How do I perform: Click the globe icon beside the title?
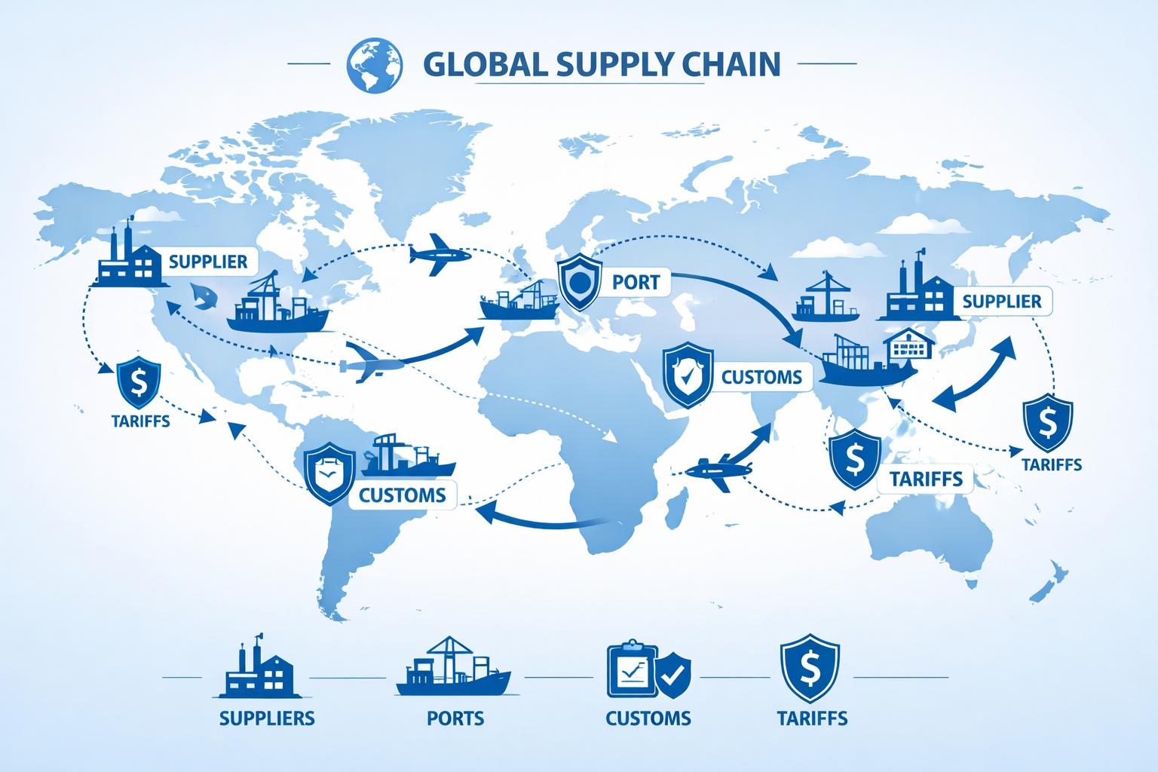tap(374, 65)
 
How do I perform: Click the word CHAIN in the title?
tap(731, 65)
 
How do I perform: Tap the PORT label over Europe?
tap(636, 282)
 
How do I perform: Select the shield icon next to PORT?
tap(579, 282)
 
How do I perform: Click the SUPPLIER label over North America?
tap(208, 262)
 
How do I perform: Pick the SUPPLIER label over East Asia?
tap(1001, 302)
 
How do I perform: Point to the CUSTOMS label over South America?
tap(402, 495)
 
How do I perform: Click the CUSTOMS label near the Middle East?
tap(761, 377)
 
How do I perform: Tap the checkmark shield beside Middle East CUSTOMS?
tap(688, 375)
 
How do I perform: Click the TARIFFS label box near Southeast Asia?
tap(926, 479)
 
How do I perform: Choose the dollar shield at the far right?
tap(1047, 422)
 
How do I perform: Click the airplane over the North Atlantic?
tap(439, 254)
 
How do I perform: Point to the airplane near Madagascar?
tap(717, 470)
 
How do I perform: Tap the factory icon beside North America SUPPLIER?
tap(128, 259)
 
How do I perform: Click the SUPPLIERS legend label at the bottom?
tap(267, 718)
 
